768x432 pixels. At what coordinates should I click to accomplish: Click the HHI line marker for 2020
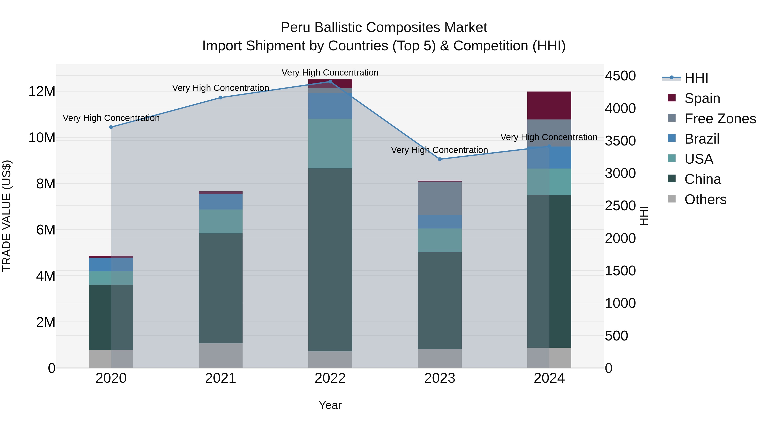[x=111, y=127]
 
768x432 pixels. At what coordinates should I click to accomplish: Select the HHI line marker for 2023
[x=440, y=159]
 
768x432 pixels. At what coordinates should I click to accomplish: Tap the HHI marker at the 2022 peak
[x=330, y=82]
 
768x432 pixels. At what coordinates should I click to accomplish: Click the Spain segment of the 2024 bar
[x=549, y=106]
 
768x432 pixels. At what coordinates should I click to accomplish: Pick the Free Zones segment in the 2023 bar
[x=440, y=199]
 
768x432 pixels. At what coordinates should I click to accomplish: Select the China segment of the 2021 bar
[x=221, y=288]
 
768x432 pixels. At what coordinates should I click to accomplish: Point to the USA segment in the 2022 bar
[x=330, y=143]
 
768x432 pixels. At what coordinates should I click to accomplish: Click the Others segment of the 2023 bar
[x=440, y=358]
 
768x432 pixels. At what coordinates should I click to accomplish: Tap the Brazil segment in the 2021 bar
[x=221, y=202]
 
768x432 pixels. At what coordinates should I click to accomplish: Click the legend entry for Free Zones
[x=720, y=119]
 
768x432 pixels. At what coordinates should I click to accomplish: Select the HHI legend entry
[x=696, y=78]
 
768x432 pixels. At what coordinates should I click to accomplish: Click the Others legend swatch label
[x=705, y=199]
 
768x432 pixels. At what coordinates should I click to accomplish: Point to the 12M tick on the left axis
[x=42, y=91]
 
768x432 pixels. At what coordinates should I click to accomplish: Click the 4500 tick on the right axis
[x=620, y=76]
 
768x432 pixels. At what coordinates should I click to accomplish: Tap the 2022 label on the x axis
[x=330, y=378]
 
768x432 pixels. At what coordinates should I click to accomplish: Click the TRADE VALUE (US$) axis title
[x=7, y=216]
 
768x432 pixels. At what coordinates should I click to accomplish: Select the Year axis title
[x=330, y=405]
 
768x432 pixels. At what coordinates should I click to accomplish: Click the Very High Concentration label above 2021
[x=221, y=88]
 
